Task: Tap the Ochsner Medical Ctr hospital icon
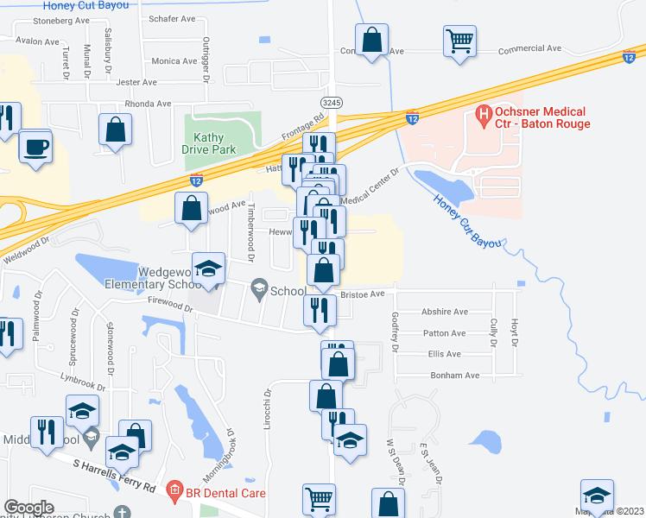pyautogui.click(x=484, y=113)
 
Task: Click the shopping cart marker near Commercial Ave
pyautogui.click(x=459, y=40)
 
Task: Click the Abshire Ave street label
pyautogui.click(x=444, y=312)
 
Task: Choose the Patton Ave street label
pyautogui.click(x=445, y=332)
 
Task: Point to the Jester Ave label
pyautogui.click(x=136, y=83)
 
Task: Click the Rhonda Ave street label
pyautogui.click(x=148, y=104)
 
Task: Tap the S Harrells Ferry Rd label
pyautogui.click(x=113, y=477)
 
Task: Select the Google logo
pyautogui.click(x=28, y=508)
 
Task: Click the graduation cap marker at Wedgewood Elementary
pyautogui.click(x=208, y=269)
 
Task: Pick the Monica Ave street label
pyautogui.click(x=174, y=61)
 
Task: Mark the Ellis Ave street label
pyautogui.click(x=444, y=354)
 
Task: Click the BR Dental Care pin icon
pyautogui.click(x=174, y=494)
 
